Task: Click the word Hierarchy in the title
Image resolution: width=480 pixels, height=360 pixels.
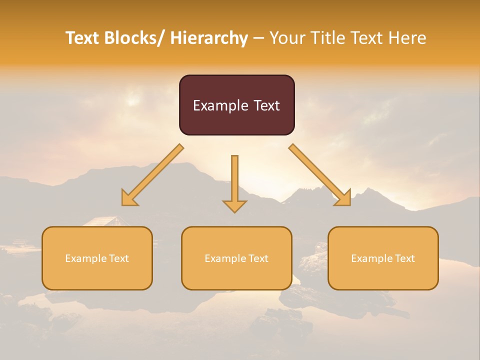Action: (209, 38)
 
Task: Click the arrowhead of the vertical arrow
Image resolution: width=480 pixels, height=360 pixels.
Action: (234, 206)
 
